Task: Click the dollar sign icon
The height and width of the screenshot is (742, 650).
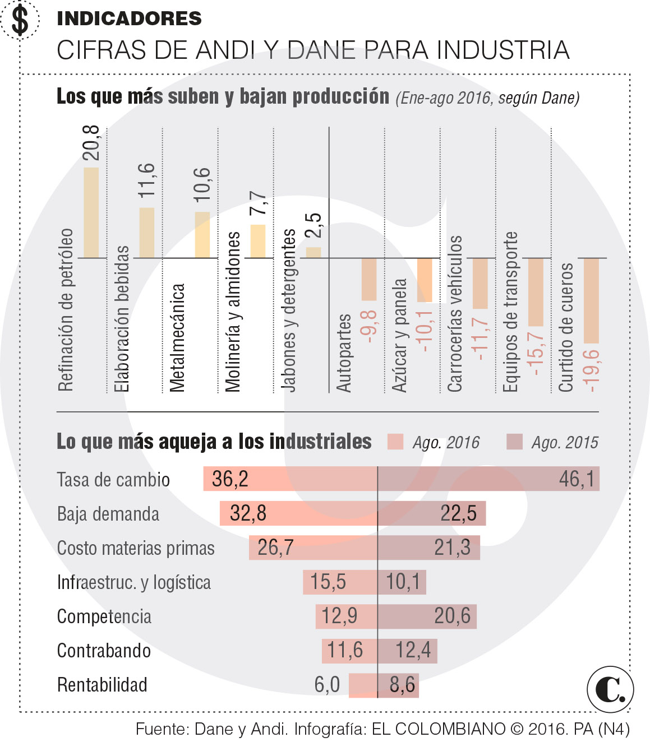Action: click(20, 20)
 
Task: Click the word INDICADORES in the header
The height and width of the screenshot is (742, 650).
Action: click(129, 18)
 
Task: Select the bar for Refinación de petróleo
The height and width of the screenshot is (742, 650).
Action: click(91, 212)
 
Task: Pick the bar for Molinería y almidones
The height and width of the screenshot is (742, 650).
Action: click(258, 241)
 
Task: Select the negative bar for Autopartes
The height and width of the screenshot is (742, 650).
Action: click(369, 279)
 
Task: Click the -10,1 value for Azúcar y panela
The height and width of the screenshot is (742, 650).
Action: click(425, 331)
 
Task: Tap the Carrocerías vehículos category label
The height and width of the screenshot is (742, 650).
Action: click(455, 314)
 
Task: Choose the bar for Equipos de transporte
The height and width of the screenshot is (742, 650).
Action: click(536, 292)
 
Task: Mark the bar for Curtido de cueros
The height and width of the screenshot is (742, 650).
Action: click(592, 300)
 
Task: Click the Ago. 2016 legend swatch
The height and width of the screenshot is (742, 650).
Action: click(395, 442)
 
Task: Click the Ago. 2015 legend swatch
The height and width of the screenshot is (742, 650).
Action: click(514, 442)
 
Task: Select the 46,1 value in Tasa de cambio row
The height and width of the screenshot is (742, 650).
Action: click(577, 479)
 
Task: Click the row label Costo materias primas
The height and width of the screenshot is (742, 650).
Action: click(136, 548)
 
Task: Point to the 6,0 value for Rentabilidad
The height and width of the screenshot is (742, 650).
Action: click(327, 685)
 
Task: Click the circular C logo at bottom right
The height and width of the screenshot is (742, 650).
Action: click(610, 689)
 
